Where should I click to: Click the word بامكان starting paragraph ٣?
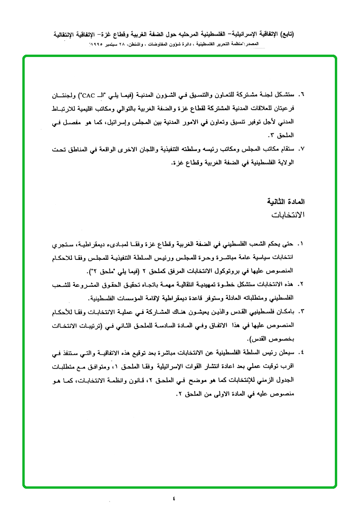click(286, 312)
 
